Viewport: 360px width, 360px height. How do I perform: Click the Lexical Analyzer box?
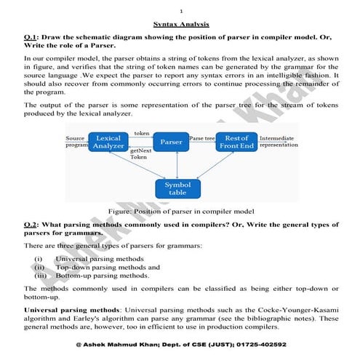coord(108,143)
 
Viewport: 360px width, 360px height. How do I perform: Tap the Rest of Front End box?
coord(237,143)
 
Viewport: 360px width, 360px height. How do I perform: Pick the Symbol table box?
coord(177,189)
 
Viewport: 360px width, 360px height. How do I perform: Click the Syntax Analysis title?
coord(180,23)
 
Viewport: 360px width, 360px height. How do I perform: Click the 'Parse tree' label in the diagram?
coord(201,137)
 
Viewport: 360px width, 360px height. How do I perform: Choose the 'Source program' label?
coord(76,141)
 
